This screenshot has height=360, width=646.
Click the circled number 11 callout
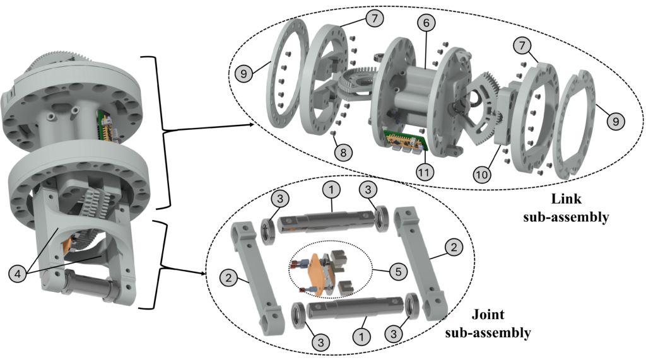425,170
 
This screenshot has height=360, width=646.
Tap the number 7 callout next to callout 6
375,20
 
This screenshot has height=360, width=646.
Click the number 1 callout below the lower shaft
361,337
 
